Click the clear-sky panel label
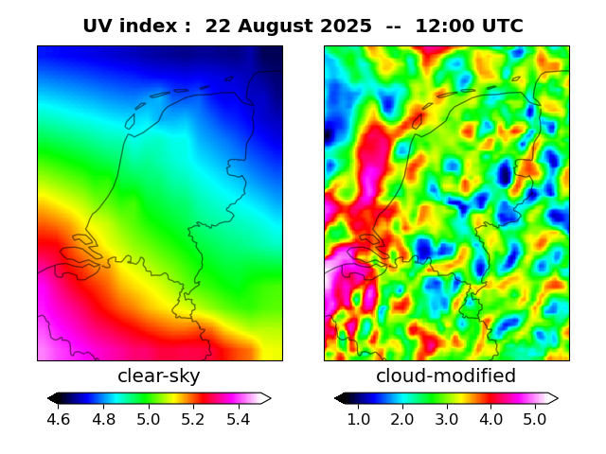pyautogui.click(x=159, y=376)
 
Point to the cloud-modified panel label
pyautogui.click(x=446, y=376)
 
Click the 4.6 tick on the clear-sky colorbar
pyautogui.click(x=58, y=419)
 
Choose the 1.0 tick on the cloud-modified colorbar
pyautogui.click(x=358, y=419)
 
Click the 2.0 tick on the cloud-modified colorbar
pyautogui.click(x=402, y=419)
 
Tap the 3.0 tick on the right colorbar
pyautogui.click(x=446, y=419)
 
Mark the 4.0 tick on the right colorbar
pyautogui.click(x=490, y=419)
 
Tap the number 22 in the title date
pyautogui.click(x=217, y=26)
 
